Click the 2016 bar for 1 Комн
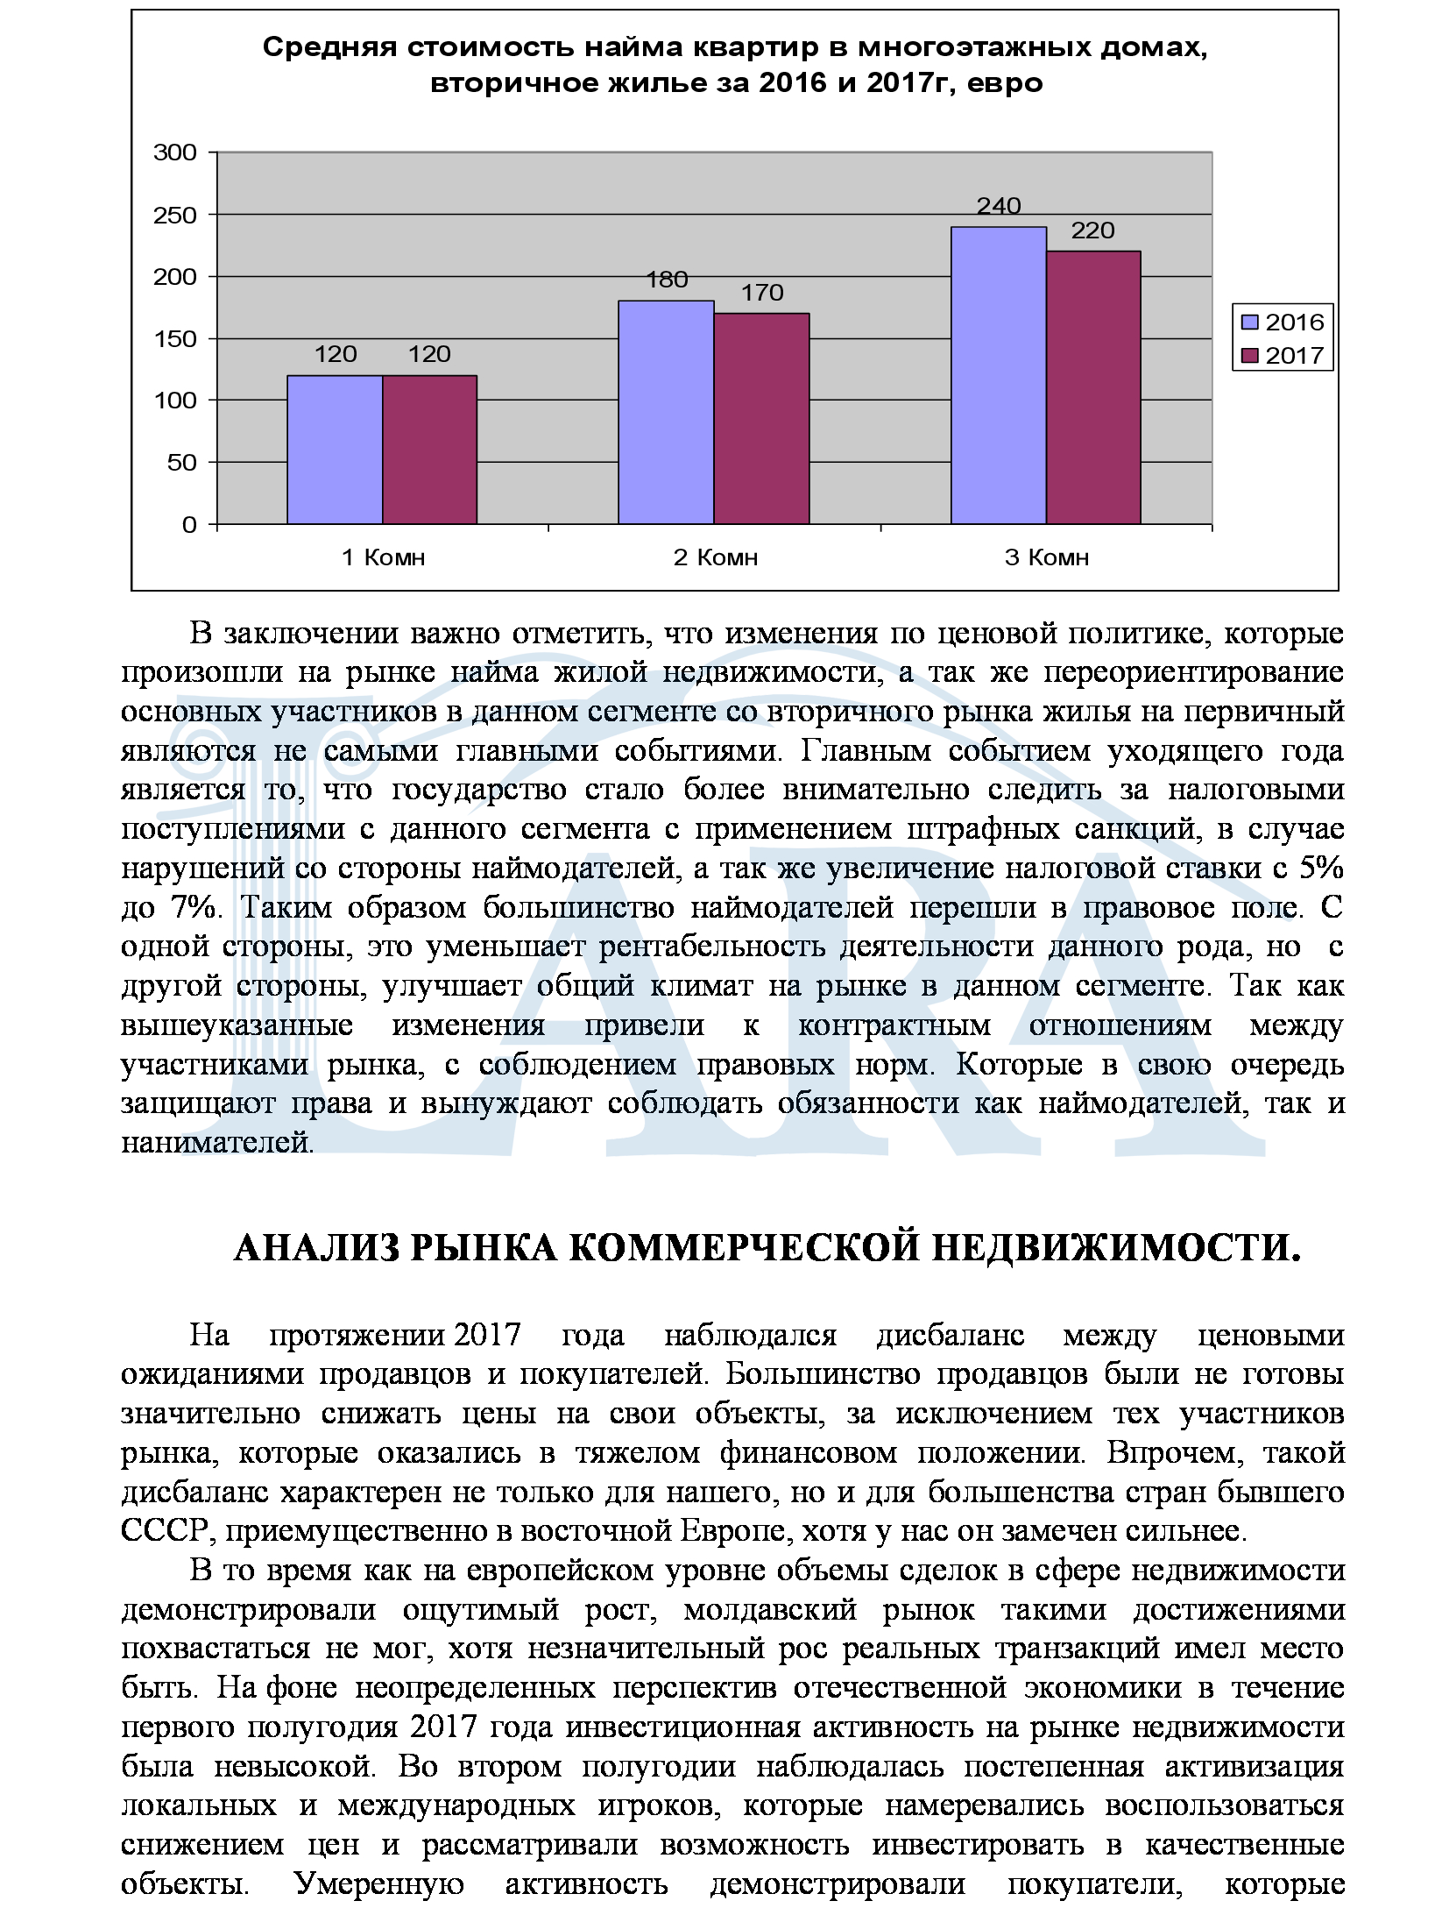click(335, 450)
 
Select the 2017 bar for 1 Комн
click(429, 450)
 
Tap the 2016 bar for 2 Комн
click(666, 412)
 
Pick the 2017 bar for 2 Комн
click(761, 418)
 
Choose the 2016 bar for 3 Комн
click(999, 375)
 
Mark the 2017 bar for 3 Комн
click(1093, 387)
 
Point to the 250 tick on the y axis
click(175, 215)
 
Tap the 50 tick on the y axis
click(182, 462)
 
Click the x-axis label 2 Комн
click(715, 557)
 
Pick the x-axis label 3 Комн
click(1047, 557)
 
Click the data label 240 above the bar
click(999, 206)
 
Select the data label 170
click(762, 293)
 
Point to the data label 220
click(1093, 231)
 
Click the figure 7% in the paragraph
click(194, 907)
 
